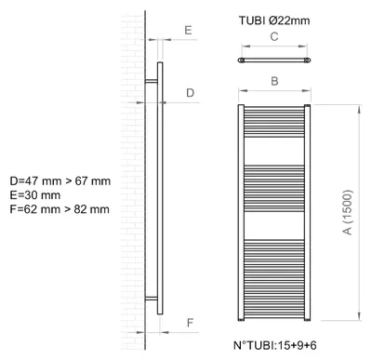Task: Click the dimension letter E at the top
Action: tap(188, 31)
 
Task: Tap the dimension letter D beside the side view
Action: tap(190, 93)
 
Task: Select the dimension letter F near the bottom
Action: tap(190, 323)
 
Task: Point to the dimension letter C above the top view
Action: tap(274, 36)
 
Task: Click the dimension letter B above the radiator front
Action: tap(274, 81)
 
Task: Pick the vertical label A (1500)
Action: tap(349, 212)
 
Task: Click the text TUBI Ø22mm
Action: tap(274, 20)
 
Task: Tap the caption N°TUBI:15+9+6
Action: tap(275, 345)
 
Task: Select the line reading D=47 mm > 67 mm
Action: tap(60, 181)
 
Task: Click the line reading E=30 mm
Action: tap(35, 195)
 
